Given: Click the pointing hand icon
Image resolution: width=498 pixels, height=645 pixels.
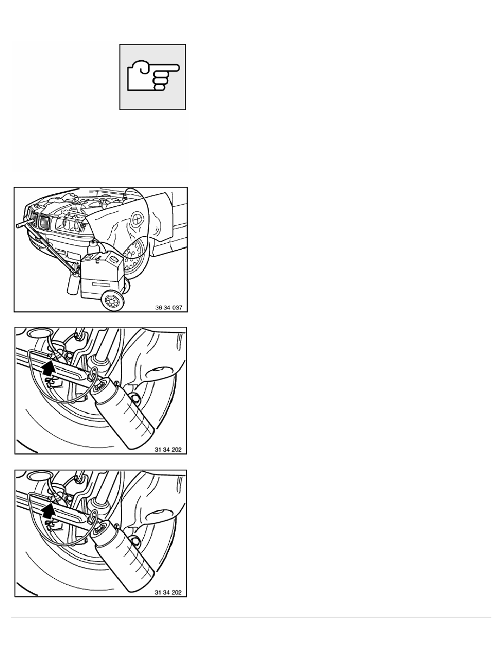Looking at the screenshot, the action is [153, 77].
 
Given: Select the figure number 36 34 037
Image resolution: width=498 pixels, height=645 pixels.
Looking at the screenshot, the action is [169, 307].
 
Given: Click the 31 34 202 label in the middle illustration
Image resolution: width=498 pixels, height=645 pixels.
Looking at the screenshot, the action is [168, 450].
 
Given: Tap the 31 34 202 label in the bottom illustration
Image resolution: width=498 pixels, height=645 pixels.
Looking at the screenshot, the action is [168, 593].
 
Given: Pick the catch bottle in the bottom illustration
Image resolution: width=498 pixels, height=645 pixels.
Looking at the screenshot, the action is [122, 555].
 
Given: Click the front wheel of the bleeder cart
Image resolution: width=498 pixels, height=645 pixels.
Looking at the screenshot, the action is [112, 301].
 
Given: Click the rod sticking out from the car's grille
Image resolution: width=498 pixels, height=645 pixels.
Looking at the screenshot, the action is [23, 224].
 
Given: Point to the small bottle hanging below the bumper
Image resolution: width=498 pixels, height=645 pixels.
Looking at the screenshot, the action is [72, 284].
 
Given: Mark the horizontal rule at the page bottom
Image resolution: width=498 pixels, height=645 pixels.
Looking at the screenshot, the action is [251, 617].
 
